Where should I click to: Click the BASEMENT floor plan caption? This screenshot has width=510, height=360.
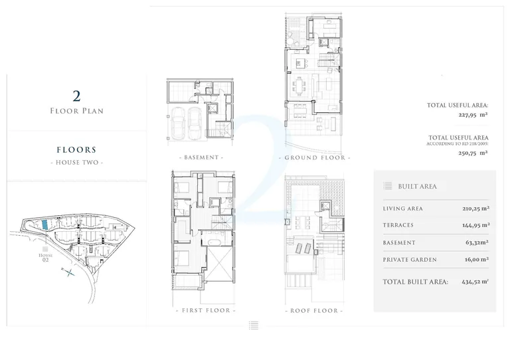[x=201, y=157]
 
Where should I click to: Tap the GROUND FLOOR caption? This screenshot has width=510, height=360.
[x=315, y=157]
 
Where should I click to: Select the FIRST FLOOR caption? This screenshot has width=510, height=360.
[x=206, y=311]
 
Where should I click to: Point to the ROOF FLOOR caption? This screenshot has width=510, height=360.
[x=314, y=311]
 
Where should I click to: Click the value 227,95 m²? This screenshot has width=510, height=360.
[x=473, y=115]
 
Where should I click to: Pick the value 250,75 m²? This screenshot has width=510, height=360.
[x=473, y=153]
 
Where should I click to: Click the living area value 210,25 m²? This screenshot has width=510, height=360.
[x=476, y=209]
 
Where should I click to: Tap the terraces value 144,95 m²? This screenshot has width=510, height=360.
[x=476, y=225]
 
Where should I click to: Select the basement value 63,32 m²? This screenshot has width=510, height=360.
[x=477, y=242]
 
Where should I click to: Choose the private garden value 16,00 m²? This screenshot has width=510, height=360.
[x=477, y=260]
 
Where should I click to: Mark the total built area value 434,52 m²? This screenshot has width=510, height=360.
[x=475, y=282]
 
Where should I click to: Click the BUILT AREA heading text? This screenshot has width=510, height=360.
[x=417, y=187]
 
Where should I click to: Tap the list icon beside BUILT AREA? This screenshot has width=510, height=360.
[x=387, y=186]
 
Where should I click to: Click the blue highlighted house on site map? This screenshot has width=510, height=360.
[x=45, y=225]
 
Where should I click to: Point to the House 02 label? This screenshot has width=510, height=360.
[x=45, y=257]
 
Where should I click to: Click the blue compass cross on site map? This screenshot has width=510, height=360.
[x=68, y=272]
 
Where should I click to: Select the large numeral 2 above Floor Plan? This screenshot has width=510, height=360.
[x=76, y=96]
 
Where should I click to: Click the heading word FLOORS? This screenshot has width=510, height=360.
[x=77, y=149]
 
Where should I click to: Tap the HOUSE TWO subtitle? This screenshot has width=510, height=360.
[x=77, y=162]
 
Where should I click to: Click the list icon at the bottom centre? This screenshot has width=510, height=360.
[x=254, y=325]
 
